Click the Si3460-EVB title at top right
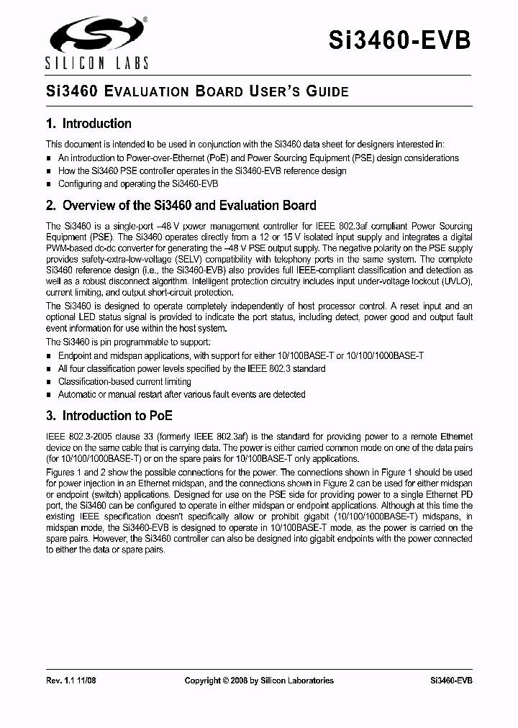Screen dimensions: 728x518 (x=400, y=40)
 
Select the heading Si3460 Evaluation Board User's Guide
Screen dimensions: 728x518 (x=197, y=92)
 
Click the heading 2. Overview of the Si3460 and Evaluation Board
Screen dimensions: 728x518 (x=181, y=206)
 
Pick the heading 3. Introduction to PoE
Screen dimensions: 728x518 (x=109, y=416)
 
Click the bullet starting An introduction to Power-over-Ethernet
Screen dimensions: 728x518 (x=258, y=158)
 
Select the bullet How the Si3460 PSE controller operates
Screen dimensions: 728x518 (x=202, y=170)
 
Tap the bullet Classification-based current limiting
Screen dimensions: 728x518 (x=124, y=381)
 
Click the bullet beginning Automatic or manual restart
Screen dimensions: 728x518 (x=181, y=394)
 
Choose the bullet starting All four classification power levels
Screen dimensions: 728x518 (x=191, y=368)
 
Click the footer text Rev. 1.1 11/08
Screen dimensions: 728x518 (x=71, y=681)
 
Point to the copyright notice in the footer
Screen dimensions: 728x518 (x=259, y=681)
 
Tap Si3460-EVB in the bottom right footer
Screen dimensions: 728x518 (x=451, y=681)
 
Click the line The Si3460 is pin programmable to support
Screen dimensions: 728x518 (x=129, y=342)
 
